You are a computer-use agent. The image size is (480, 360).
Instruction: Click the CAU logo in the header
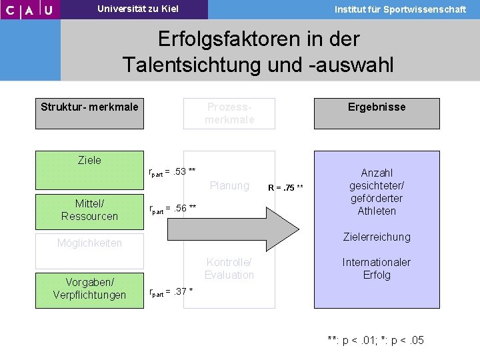click(x=29, y=9)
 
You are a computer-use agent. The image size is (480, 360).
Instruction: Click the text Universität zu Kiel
click(x=138, y=9)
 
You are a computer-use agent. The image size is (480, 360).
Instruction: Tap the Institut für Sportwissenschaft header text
click(x=400, y=9)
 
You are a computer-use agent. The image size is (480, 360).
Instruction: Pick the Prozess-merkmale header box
click(x=229, y=113)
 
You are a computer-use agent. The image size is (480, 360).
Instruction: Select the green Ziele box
click(x=89, y=167)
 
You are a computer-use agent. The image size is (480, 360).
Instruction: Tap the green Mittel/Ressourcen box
click(x=89, y=209)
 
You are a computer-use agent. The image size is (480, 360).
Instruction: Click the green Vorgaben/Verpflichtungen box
click(x=89, y=289)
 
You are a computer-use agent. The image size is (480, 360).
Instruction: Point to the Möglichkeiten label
click(x=89, y=243)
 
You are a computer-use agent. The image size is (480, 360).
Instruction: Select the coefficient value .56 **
click(x=181, y=207)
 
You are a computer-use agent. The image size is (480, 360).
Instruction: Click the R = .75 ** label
click(x=285, y=187)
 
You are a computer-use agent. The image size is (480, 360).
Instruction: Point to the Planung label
click(x=229, y=185)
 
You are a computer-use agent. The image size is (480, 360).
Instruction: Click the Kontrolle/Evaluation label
click(x=229, y=269)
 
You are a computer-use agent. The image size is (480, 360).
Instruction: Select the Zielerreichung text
click(x=377, y=237)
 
